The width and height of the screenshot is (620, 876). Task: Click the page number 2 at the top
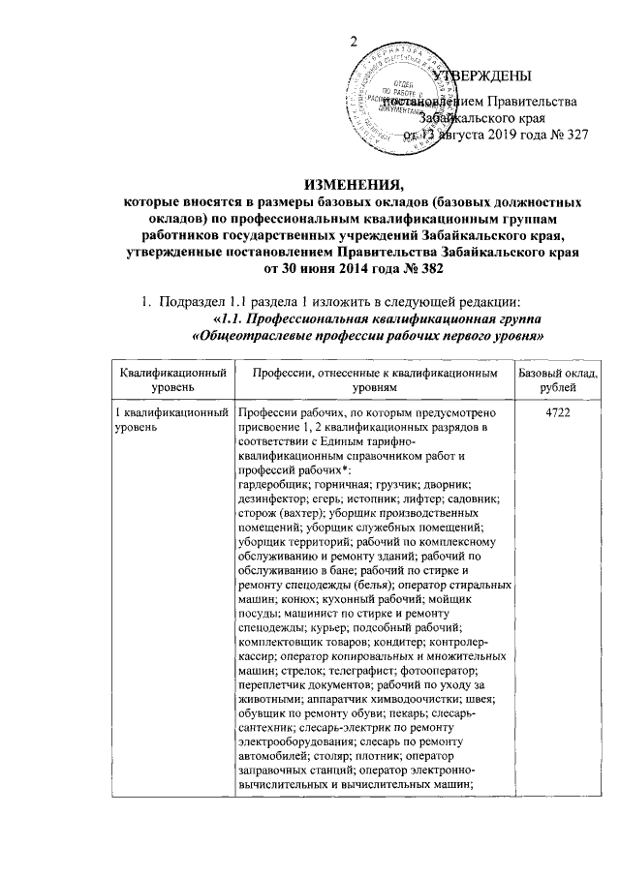click(355, 40)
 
